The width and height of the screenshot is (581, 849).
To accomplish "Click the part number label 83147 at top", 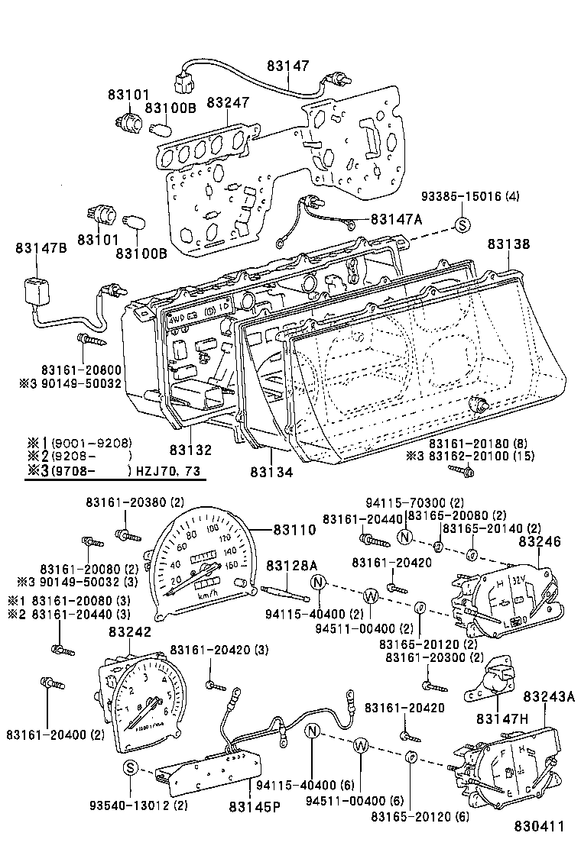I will [288, 66].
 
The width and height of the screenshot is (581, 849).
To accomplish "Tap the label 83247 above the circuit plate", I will [227, 102].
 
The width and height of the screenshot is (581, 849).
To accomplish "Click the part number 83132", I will [190, 450].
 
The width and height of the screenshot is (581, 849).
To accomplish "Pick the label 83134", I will [271, 473].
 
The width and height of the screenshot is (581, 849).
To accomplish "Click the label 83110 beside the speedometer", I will [294, 528].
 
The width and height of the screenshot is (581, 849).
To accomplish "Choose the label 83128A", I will [291, 565].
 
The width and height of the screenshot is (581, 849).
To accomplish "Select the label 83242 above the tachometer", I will [130, 632].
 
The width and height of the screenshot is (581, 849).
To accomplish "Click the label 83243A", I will [549, 696].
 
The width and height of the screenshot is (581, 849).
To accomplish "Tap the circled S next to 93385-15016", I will [462, 224].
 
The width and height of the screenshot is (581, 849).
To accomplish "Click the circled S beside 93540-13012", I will [131, 767].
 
